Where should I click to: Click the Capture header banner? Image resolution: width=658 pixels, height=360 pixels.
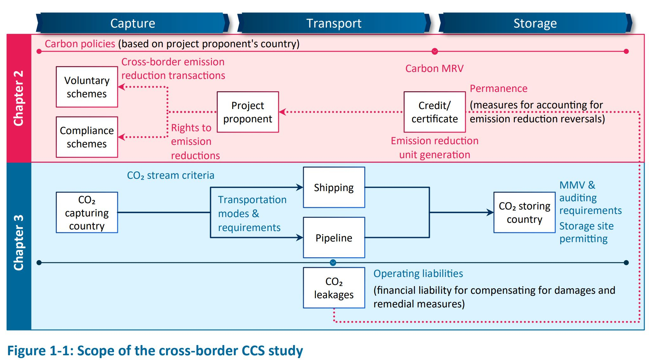[133, 23]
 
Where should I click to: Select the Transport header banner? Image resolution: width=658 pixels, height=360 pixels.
[334, 23]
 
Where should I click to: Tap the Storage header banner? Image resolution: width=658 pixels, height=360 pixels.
[535, 23]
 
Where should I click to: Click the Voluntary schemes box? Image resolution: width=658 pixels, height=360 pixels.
[87, 87]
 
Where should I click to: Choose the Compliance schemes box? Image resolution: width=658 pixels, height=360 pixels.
[87, 137]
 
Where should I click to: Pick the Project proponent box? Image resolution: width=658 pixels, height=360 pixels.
[248, 112]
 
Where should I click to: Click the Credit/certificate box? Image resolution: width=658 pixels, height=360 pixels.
[435, 112]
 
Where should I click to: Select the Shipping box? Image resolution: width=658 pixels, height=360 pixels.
[334, 187]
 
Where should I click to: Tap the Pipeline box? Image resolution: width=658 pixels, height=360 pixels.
[334, 237]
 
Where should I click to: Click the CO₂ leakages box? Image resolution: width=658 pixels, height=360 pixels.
[334, 288]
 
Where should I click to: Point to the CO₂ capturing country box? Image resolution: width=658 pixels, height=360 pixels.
[87, 212]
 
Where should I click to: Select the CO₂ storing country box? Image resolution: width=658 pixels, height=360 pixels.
[524, 212]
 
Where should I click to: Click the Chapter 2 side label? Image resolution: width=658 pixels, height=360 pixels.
[19, 98]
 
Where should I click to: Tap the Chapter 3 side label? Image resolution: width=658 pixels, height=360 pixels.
[19, 243]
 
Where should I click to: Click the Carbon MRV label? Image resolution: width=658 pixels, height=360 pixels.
[434, 68]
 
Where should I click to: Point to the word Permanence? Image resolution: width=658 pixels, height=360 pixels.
[499, 88]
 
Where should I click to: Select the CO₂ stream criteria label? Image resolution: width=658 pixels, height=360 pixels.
[170, 175]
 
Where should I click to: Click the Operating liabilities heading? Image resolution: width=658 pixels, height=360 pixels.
[418, 273]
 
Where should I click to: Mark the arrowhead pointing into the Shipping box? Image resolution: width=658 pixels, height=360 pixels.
[300, 187]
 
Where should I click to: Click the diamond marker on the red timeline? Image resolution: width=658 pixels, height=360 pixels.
[435, 51]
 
